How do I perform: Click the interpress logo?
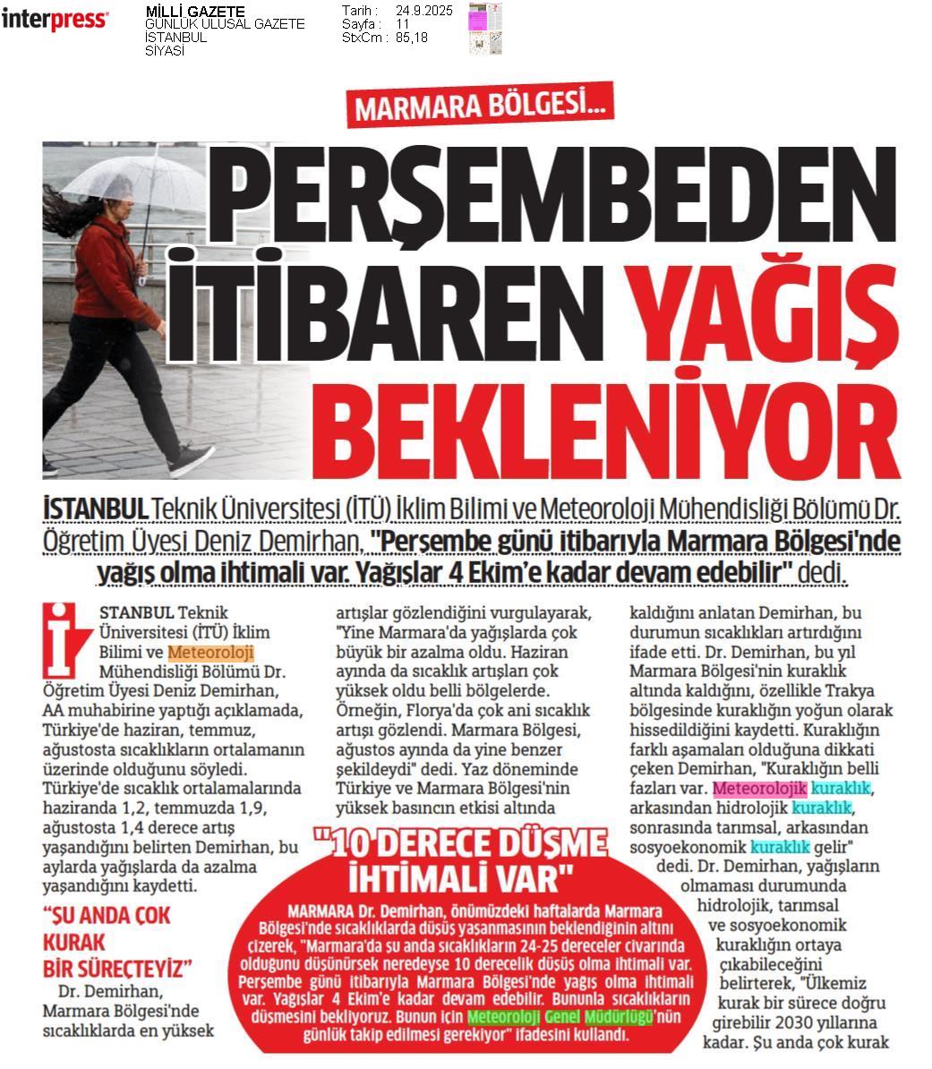(55, 21)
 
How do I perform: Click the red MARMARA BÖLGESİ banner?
(479, 107)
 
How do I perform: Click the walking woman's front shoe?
(190, 461)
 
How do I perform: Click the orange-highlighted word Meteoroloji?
(210, 652)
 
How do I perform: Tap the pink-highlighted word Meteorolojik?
(759, 788)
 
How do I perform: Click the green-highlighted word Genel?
(563, 1017)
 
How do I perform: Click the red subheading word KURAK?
(74, 943)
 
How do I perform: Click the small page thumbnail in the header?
(485, 28)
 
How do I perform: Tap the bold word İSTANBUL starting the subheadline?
(95, 509)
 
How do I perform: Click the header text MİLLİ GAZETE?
(194, 11)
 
